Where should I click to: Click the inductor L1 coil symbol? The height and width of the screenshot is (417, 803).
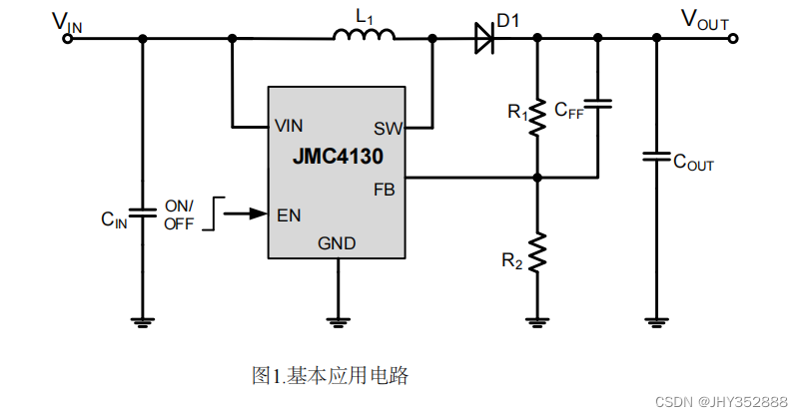pos(364,36)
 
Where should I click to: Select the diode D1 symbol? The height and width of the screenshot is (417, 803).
pos(483,38)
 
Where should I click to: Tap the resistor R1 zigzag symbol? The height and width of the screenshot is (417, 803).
pos(537,117)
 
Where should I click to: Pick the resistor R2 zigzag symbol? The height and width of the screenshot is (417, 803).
pos(537,252)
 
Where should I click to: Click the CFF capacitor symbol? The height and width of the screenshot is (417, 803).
pos(597,104)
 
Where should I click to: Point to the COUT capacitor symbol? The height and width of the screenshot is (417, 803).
pos(656,157)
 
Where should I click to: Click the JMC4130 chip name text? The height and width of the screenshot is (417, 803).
pos(338,157)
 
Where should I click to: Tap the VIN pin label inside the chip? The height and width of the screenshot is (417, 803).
pos(289,126)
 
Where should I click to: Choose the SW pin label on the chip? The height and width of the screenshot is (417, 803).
pos(387,128)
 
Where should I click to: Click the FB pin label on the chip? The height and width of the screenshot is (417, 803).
pos(385,189)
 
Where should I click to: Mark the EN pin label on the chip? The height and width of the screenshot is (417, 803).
pos(289,214)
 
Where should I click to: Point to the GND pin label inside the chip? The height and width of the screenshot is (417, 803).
pos(337,243)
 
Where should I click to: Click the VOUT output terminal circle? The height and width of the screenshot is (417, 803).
pos(733,39)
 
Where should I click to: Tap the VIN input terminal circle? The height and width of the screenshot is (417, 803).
pos(69,39)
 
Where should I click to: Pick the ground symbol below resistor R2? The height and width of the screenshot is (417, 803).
pos(537,321)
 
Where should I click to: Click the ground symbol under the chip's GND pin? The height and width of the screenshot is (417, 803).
pos(339,321)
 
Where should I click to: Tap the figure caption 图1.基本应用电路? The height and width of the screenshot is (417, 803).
pos(331,376)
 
